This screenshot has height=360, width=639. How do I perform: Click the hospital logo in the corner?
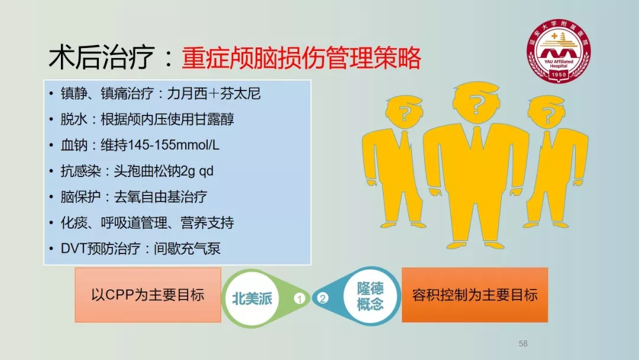point(559,50)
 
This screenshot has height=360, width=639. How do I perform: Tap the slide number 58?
point(523,343)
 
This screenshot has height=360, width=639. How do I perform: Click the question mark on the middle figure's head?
point(475,104)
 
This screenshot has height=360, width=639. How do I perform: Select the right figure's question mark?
point(548,115)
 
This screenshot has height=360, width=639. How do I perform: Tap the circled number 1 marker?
point(299,299)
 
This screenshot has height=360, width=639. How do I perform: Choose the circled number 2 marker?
point(322,298)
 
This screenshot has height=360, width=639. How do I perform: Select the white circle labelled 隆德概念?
point(370,297)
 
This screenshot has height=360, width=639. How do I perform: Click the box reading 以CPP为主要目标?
point(148,295)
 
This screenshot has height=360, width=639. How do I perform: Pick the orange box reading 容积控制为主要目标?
point(475,295)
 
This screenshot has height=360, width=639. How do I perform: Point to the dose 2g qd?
point(196,171)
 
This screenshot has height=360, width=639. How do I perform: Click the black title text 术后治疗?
point(102,57)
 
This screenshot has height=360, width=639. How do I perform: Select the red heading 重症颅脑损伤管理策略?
point(301,58)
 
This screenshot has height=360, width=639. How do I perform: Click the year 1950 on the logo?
point(559,75)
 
